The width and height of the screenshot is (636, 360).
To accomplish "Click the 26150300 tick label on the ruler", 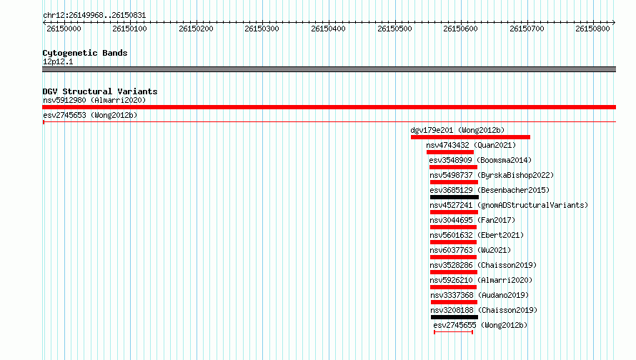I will (262, 29).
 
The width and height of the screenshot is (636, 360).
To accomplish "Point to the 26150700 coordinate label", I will (527, 29).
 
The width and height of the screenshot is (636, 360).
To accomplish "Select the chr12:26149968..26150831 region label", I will (94, 15).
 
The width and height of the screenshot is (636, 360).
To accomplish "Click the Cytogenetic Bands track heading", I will (85, 53).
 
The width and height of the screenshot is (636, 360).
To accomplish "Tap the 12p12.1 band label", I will (58, 61).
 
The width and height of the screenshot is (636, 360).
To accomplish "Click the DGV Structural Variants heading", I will (100, 91).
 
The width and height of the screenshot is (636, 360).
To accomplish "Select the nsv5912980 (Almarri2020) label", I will (94, 100).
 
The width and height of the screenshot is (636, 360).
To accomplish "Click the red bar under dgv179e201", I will (470, 137).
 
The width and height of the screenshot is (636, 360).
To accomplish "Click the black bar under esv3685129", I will (454, 197).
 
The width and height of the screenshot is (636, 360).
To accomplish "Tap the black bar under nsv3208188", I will (454, 317).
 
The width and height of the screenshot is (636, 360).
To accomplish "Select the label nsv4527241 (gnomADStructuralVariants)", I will (509, 205).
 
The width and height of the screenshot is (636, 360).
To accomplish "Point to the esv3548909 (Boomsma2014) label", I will (480, 160).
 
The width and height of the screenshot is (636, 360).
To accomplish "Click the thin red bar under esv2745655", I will (453, 332).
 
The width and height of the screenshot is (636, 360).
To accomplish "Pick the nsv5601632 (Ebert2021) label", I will (477, 235).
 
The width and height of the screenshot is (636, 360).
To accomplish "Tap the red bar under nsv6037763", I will (453, 257).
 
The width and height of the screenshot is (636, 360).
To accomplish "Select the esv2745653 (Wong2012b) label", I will (90, 115).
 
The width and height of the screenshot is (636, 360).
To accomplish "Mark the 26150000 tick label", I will (64, 29).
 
